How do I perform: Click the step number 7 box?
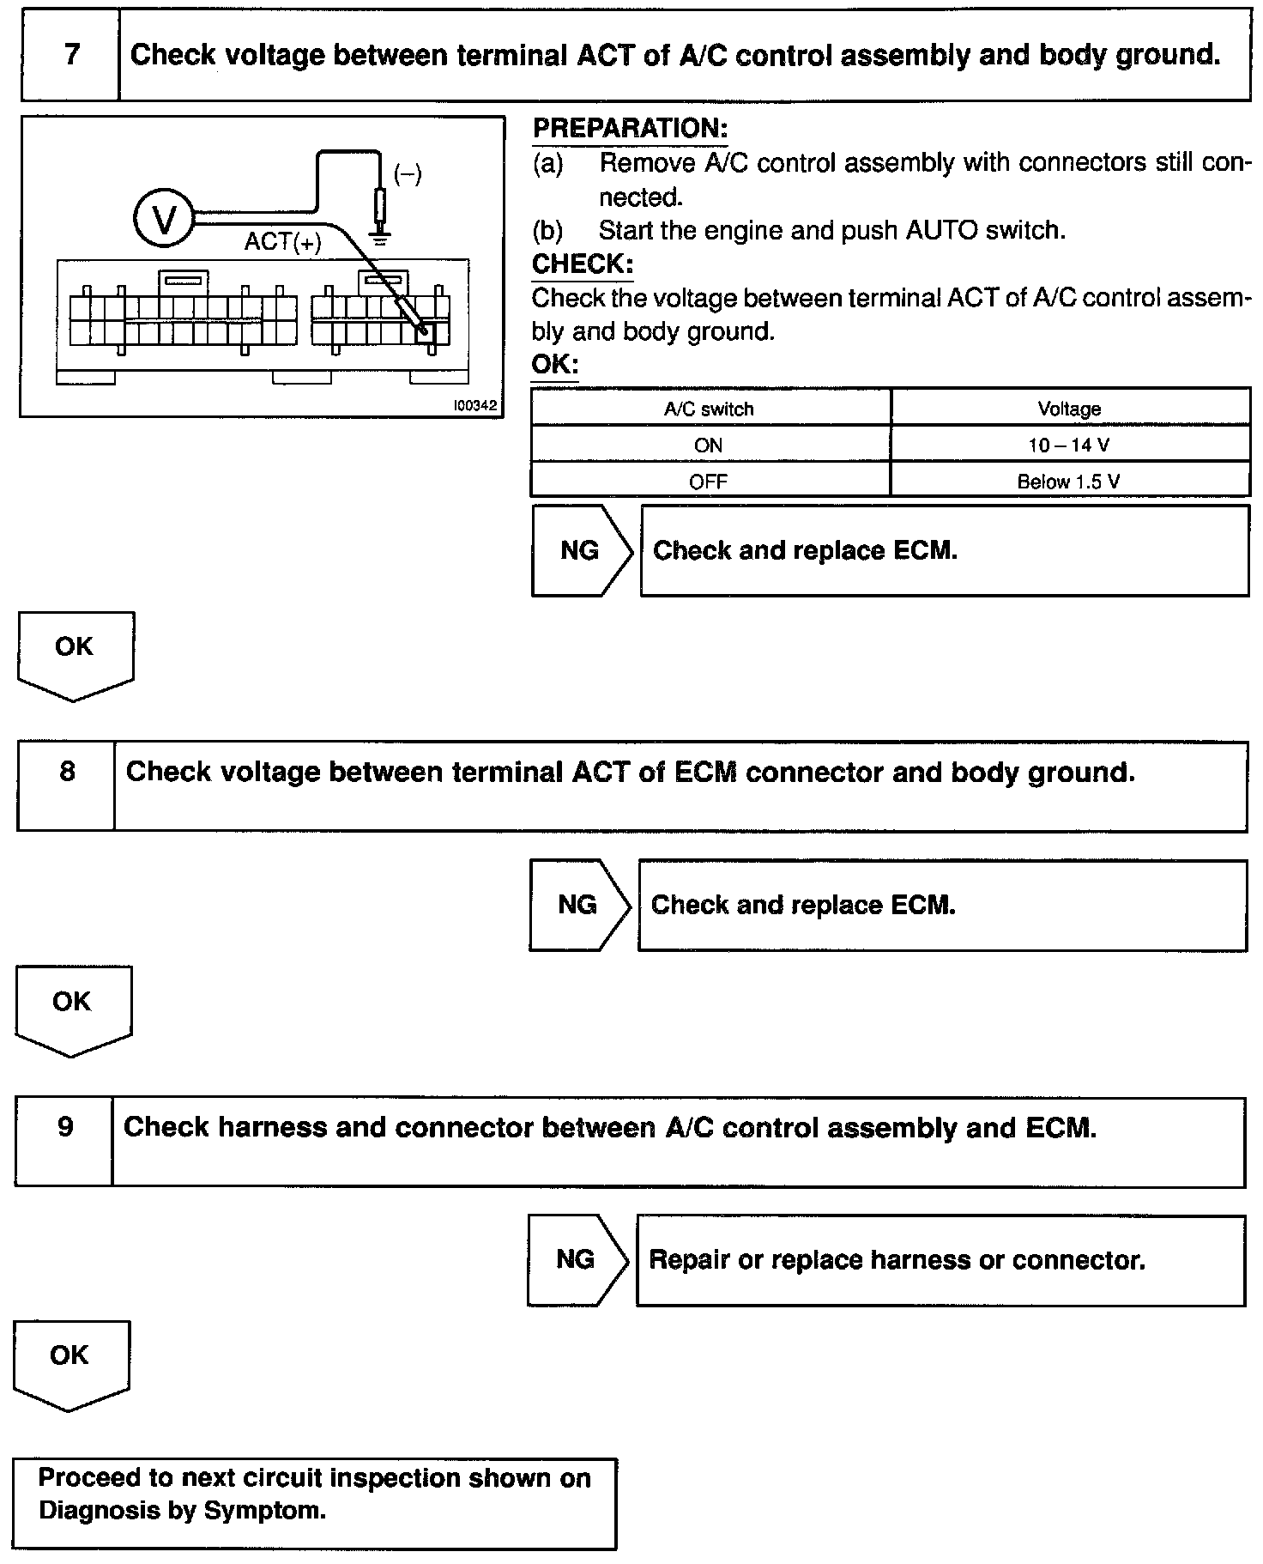(70, 56)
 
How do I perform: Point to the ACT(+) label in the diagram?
(282, 242)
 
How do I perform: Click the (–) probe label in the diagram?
(408, 174)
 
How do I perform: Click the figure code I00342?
(474, 406)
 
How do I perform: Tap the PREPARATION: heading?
(630, 129)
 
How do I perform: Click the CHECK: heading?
(582, 264)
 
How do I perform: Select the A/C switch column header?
(709, 409)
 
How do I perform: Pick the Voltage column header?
(1069, 409)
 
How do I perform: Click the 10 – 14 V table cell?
(1069, 446)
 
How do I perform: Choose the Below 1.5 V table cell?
(1069, 482)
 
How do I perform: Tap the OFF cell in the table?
(709, 482)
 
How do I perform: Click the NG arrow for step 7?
(581, 550)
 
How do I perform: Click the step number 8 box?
(66, 773)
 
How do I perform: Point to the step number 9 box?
(65, 1127)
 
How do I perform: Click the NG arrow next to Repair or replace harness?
(576, 1260)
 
